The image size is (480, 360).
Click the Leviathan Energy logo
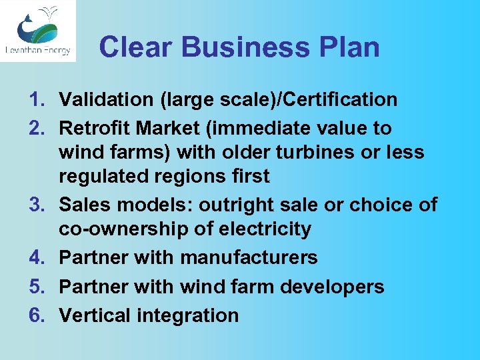pos(38,31)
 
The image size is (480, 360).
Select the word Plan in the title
pos(353,47)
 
